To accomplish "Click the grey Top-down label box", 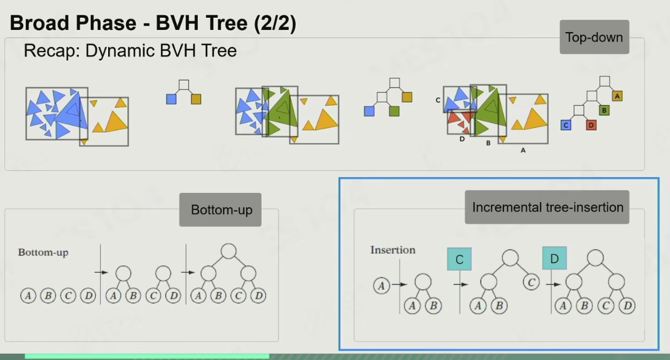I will pyautogui.click(x=594, y=37).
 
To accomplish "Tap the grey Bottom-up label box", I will pyautogui.click(x=221, y=209).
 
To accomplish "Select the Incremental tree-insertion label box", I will pyautogui.click(x=547, y=207).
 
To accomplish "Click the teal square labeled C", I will pyautogui.click(x=459, y=259).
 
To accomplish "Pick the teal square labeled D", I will pyautogui.click(x=554, y=259).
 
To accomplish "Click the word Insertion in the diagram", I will pyautogui.click(x=393, y=250).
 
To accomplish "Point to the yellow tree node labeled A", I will pyautogui.click(x=618, y=96).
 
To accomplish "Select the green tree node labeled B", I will pyautogui.click(x=604, y=111).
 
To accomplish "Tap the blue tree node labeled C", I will pyautogui.click(x=566, y=125).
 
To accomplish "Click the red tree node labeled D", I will pyautogui.click(x=591, y=125).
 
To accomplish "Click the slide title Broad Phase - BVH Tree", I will pyautogui.click(x=153, y=24).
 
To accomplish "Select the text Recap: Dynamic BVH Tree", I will pyautogui.click(x=130, y=50).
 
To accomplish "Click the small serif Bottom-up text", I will pyautogui.click(x=43, y=252).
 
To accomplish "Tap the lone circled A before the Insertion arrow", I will pyautogui.click(x=381, y=285).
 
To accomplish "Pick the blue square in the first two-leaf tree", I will pyautogui.click(x=171, y=99).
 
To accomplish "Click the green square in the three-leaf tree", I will pyautogui.click(x=394, y=111).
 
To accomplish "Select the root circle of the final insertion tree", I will pyautogui.click(x=594, y=257).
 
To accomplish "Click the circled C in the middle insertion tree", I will pyautogui.click(x=532, y=283).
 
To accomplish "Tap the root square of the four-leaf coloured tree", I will pyautogui.click(x=605, y=81).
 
